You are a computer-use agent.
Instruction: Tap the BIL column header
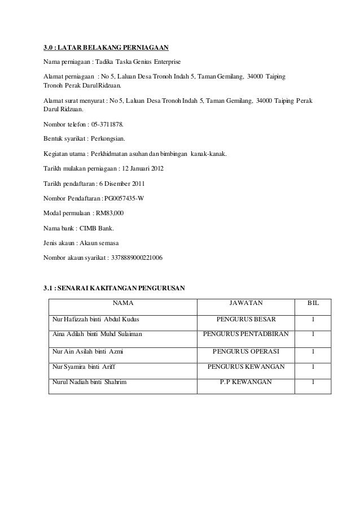[313, 303]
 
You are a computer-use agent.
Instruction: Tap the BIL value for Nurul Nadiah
[313, 382]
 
